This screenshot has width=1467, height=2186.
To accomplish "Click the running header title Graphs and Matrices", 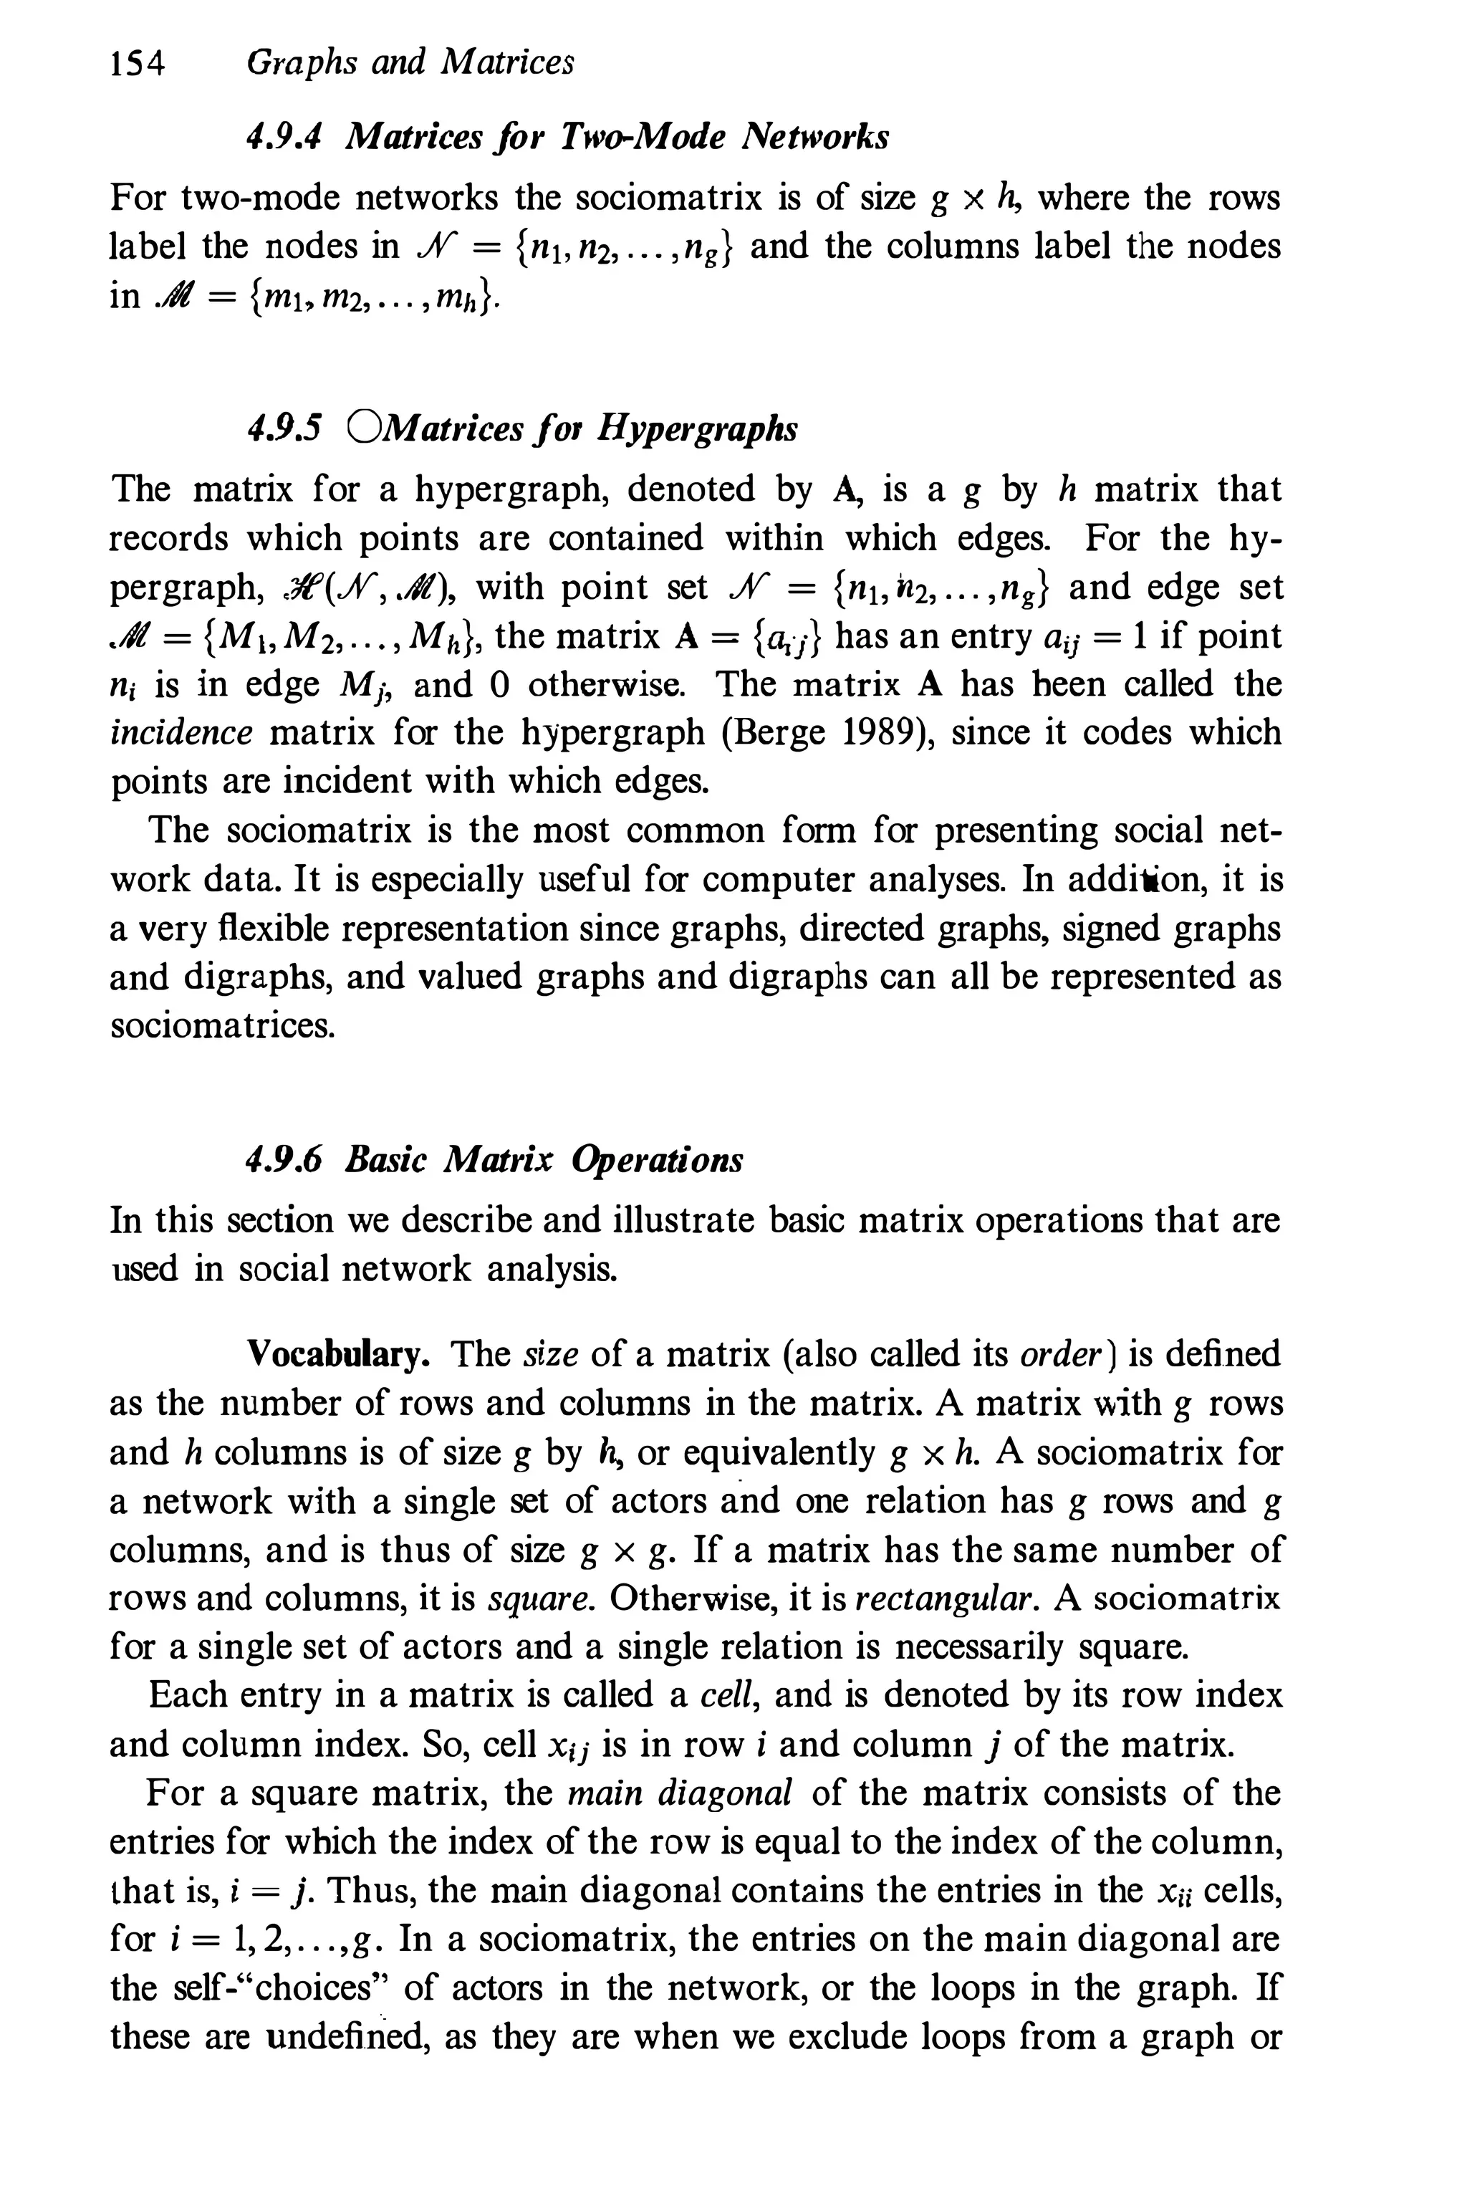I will click(410, 63).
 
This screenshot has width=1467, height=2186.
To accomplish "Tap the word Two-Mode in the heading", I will click(642, 138).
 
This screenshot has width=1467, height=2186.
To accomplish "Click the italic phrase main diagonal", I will click(679, 1792).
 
